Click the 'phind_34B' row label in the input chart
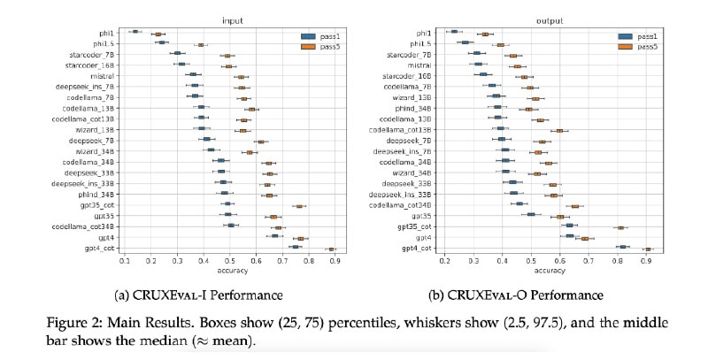pos(94,194)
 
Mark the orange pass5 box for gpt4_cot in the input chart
pos(332,249)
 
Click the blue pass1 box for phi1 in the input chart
pos(135,32)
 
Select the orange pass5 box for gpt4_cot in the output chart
pos(648,249)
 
